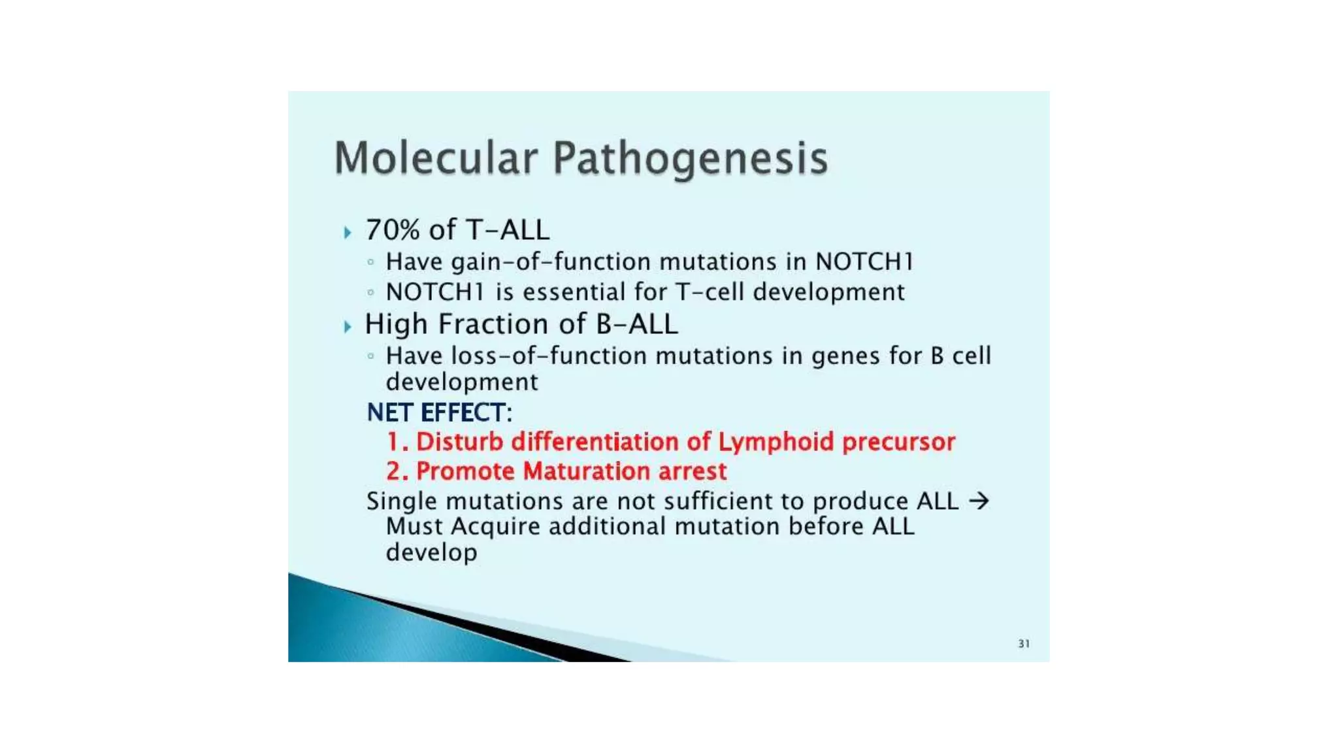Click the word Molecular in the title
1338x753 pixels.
click(436, 158)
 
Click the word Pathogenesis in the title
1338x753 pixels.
click(691, 159)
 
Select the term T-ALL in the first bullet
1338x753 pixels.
click(508, 230)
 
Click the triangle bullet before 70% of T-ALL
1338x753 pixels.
click(348, 232)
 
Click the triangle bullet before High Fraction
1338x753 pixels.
click(348, 326)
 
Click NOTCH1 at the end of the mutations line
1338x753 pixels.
click(864, 261)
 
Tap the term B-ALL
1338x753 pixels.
click(636, 324)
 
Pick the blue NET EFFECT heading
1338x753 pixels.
click(439, 412)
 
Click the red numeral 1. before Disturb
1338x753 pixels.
click(397, 442)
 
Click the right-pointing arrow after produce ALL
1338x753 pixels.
click(979, 501)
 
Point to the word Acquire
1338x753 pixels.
click(495, 527)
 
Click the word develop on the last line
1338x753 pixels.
click(431, 553)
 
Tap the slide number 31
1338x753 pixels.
click(1024, 644)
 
